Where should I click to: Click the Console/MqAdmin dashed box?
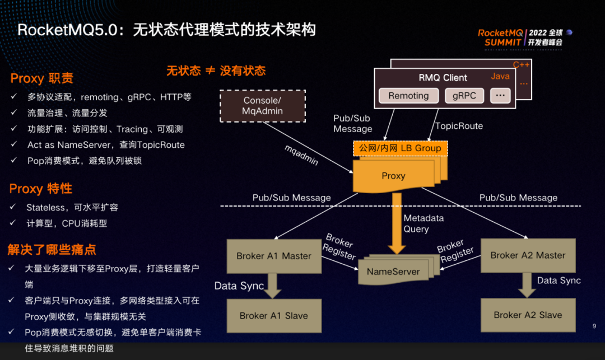click(262, 106)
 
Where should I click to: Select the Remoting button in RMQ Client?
click(408, 96)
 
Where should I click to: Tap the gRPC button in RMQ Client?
click(464, 96)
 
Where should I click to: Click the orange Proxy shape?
click(394, 176)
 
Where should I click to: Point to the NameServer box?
click(393, 272)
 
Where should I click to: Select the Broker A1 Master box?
click(273, 256)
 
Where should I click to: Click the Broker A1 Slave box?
click(273, 315)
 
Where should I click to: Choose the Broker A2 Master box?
click(528, 255)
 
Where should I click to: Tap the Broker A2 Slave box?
click(528, 315)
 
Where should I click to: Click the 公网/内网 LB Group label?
click(400, 148)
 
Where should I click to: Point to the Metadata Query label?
click(424, 223)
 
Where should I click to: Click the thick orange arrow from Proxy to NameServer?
click(397, 224)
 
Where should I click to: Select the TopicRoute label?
click(459, 126)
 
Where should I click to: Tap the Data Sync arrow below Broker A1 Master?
click(273, 285)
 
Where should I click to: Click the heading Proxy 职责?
click(42, 78)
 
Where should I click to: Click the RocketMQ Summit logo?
click(521, 37)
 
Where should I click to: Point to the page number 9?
click(594, 326)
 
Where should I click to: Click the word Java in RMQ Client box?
click(500, 77)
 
